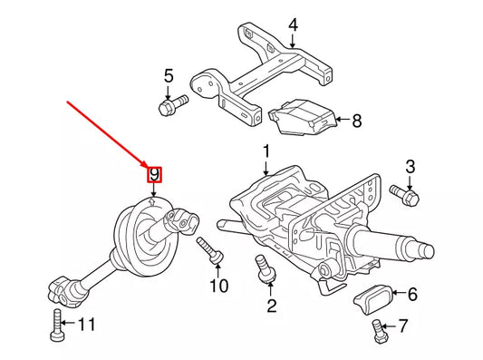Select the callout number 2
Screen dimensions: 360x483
(x=270, y=306)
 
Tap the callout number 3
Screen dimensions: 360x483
(x=410, y=166)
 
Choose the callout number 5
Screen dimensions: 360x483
(x=168, y=75)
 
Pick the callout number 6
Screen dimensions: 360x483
(x=412, y=294)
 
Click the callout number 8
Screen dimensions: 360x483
(x=356, y=120)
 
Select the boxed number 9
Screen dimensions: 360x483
(x=155, y=173)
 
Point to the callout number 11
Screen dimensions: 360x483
(x=84, y=324)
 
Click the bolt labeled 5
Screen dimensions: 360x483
(x=171, y=106)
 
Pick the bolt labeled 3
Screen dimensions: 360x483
(x=401, y=192)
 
